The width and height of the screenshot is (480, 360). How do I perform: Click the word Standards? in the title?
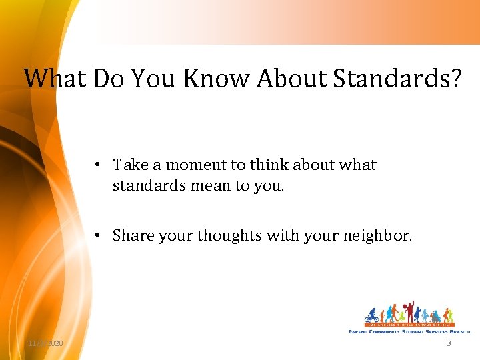397,78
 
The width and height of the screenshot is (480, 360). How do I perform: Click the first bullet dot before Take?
97,165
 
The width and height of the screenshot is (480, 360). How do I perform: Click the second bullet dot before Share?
97,235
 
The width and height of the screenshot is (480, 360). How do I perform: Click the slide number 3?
449,343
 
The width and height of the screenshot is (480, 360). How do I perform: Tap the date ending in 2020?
45,343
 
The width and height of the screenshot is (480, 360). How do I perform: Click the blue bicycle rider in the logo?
371,316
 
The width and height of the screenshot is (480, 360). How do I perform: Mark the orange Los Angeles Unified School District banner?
409,324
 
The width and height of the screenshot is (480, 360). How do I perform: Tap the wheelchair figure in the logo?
435,316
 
